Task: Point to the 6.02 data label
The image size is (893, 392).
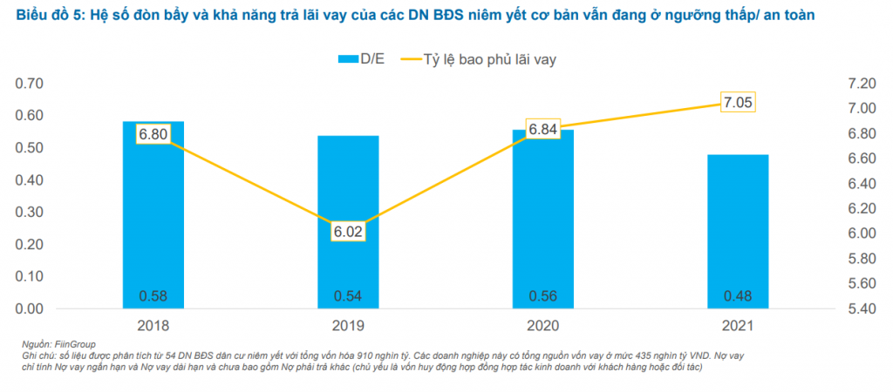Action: pyautogui.click(x=348, y=232)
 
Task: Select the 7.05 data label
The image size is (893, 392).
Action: pyautogui.click(x=738, y=103)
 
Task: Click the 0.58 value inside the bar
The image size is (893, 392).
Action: pyautogui.click(x=153, y=295)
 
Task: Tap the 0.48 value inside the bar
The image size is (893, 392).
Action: pyautogui.click(x=738, y=295)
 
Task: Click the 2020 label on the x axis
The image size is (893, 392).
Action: pyautogui.click(x=542, y=326)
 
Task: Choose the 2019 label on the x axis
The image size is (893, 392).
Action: pyautogui.click(x=348, y=326)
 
